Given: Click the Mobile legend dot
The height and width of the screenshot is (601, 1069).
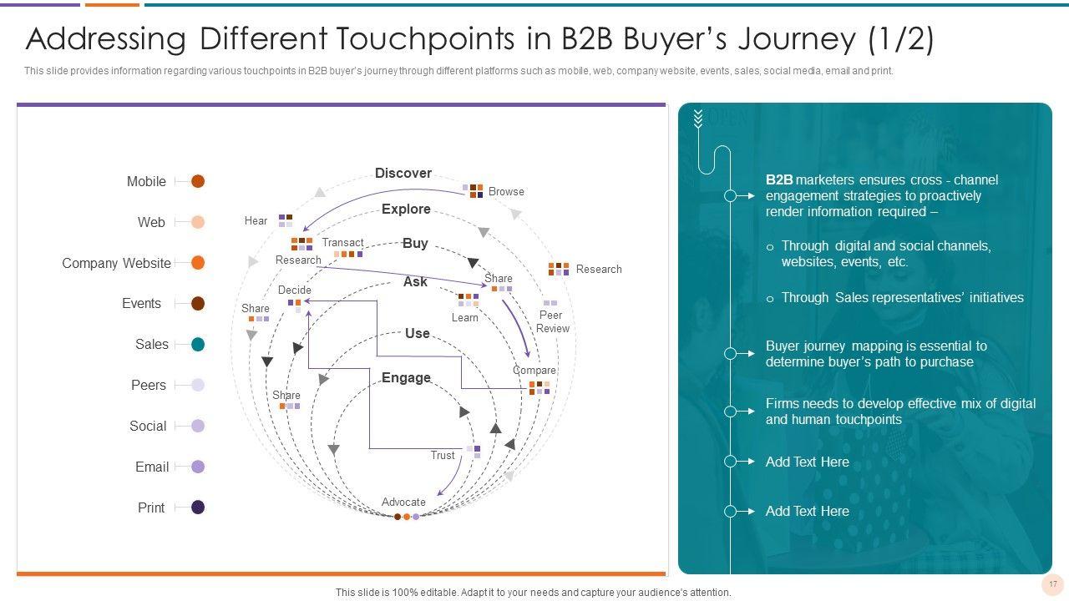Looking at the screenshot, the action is (x=198, y=181).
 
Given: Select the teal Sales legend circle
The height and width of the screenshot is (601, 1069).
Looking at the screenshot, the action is (x=198, y=345).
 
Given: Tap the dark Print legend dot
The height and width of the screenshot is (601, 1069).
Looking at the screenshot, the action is (x=198, y=507).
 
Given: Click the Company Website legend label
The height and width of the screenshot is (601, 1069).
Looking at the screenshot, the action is (x=116, y=263).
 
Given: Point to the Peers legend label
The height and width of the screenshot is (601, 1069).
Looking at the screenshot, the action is (x=149, y=385).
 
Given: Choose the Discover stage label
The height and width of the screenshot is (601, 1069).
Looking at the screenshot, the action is (x=403, y=173).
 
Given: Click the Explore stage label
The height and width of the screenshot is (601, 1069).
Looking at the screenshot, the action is (x=406, y=209).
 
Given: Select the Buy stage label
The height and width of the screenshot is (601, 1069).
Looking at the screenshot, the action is (x=415, y=243).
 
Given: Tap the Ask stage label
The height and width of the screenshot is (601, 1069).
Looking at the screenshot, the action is (x=415, y=282).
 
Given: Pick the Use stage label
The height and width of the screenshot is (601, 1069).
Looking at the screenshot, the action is (x=417, y=333).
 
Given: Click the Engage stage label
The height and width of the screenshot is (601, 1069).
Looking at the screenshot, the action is (x=406, y=378).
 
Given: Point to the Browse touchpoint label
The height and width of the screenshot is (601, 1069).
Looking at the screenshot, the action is (x=506, y=192).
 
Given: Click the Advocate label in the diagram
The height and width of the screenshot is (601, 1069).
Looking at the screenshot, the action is (x=403, y=502).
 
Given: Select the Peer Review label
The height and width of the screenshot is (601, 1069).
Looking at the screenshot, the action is (x=552, y=321).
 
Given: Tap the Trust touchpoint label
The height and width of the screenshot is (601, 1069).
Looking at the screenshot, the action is (x=443, y=455).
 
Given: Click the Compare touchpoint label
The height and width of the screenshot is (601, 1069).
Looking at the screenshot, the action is (x=534, y=370).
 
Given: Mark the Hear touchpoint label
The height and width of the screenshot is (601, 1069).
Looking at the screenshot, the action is (x=256, y=220).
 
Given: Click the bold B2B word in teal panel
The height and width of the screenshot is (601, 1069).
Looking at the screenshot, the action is (x=779, y=179).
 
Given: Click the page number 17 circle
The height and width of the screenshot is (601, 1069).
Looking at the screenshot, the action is (x=1053, y=583).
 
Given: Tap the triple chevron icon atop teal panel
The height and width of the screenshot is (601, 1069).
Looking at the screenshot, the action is (x=698, y=119).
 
